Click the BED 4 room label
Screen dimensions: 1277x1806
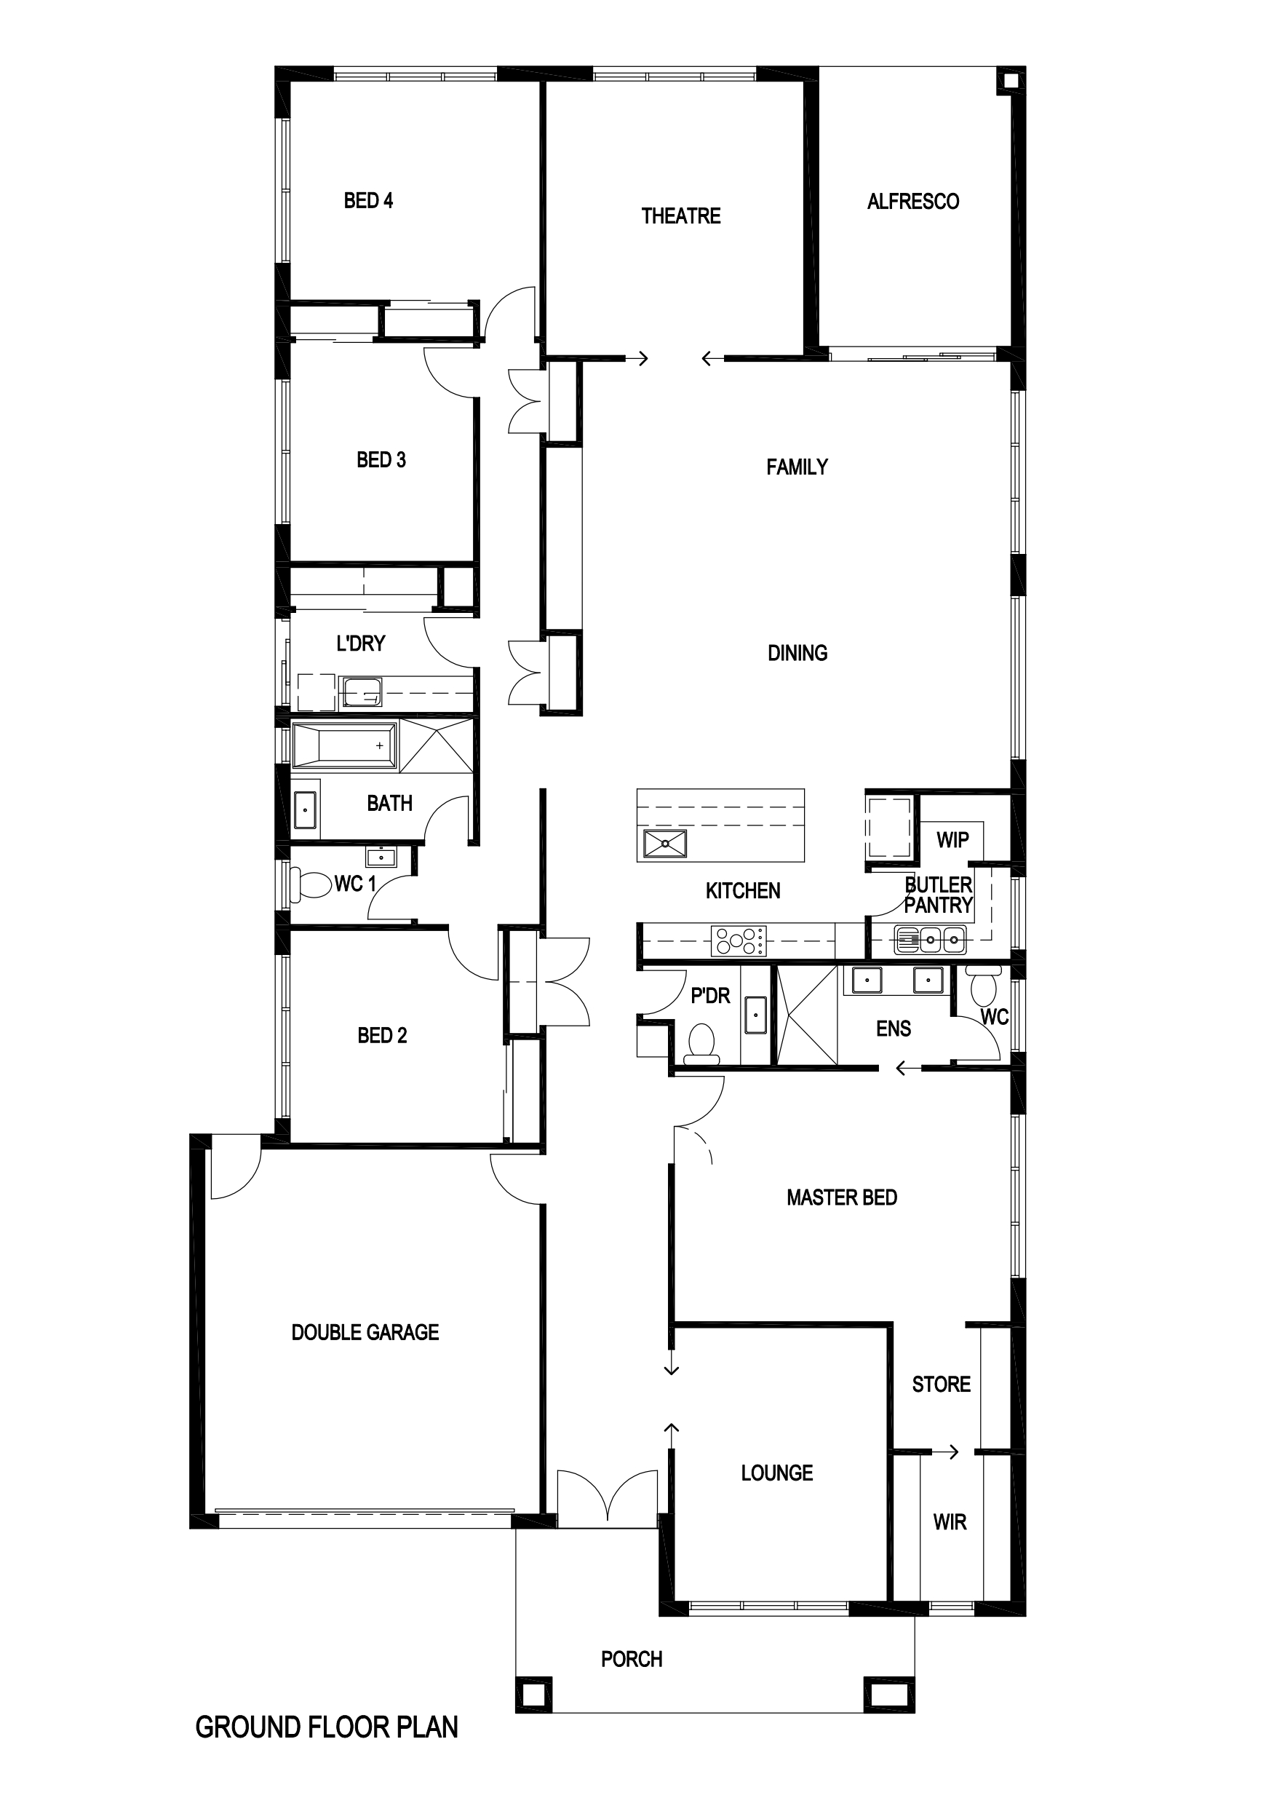coord(368,201)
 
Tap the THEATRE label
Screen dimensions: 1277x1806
coord(681,215)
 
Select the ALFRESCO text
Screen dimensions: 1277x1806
coord(913,202)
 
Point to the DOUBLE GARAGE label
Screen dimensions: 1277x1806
coord(365,1331)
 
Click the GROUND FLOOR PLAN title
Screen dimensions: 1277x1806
coord(326,1727)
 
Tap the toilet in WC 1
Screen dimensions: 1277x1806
coord(311,883)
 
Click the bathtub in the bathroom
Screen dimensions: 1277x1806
coord(344,744)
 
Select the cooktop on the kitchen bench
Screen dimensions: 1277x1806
coord(739,940)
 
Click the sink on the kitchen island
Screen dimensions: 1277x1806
coord(664,844)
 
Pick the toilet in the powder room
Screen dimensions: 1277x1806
coord(701,1044)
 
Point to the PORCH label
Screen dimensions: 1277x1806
coord(632,1659)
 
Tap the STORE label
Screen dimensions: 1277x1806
coord(942,1384)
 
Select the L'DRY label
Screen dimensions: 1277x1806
coord(361,643)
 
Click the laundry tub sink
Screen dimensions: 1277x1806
coord(362,693)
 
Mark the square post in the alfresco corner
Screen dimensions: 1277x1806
coord(1011,80)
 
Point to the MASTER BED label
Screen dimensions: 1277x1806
coord(841,1197)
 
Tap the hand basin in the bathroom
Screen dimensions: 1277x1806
coord(305,810)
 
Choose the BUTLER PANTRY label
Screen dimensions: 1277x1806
coord(938,895)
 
